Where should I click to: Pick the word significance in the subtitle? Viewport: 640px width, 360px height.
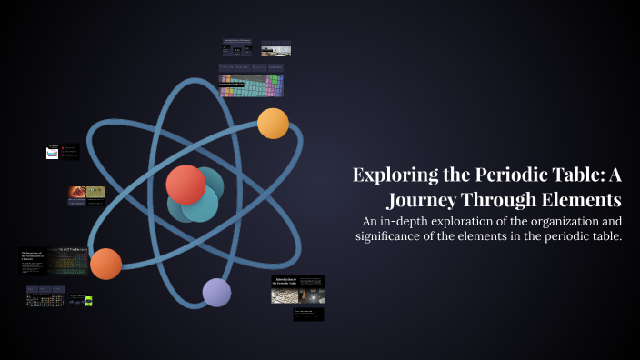click(x=395, y=236)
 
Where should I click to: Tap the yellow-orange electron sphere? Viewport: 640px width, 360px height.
click(x=273, y=123)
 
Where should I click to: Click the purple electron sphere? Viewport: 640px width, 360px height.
click(x=216, y=293)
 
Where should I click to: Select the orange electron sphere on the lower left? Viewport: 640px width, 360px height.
click(x=105, y=264)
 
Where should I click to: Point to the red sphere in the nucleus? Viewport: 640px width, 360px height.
click(x=185, y=185)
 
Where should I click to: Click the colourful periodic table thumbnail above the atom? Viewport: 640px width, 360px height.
click(x=251, y=85)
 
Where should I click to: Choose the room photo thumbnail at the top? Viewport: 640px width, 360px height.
click(x=275, y=48)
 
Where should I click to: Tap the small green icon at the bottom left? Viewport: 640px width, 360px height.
click(x=88, y=301)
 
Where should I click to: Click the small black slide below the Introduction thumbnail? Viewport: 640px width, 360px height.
click(x=308, y=314)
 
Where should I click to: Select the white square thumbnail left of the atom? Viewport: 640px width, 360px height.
click(x=53, y=153)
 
